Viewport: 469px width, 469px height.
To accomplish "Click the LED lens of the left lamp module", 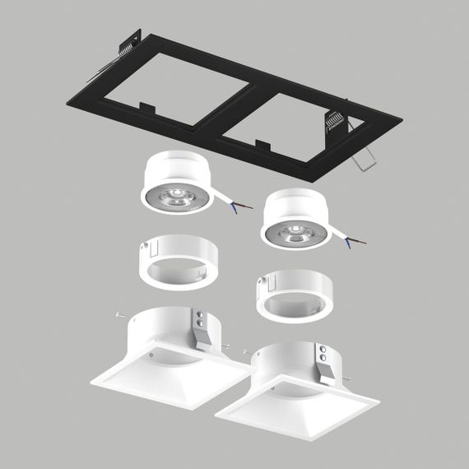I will click(175, 196).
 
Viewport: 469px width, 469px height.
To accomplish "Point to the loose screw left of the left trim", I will click(119, 313).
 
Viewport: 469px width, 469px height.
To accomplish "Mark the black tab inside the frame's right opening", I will click(263, 145).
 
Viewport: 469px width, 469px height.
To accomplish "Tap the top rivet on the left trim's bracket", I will click(202, 313).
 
